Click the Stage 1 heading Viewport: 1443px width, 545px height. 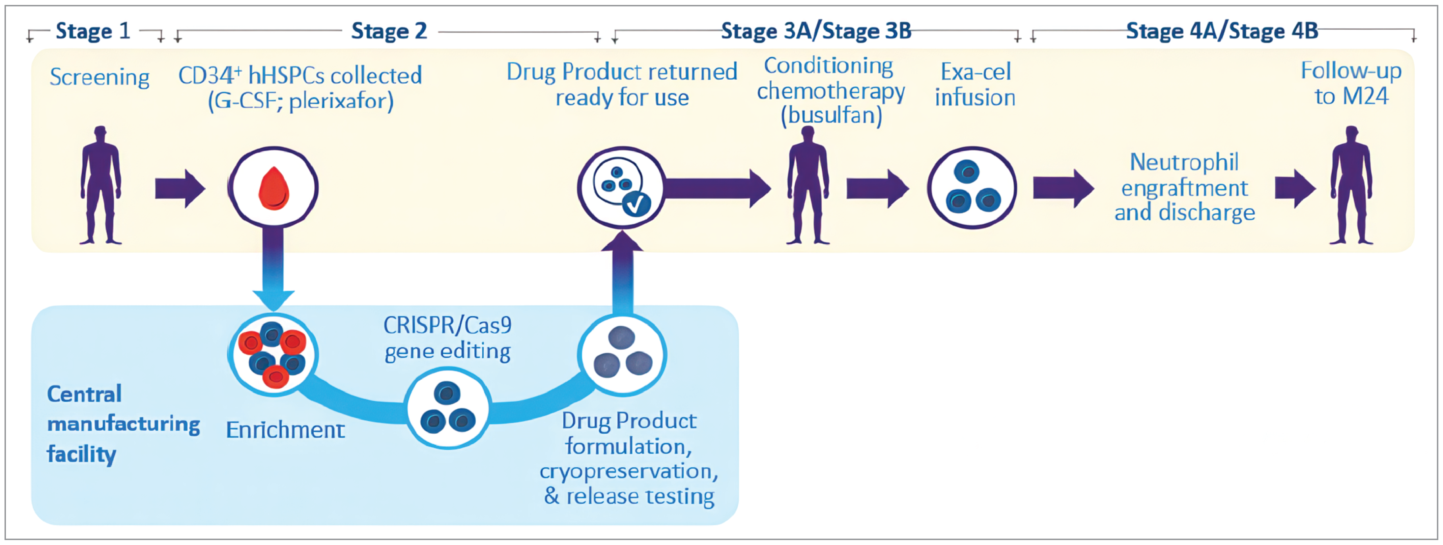pyautogui.click(x=93, y=31)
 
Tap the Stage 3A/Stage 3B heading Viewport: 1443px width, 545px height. pyautogui.click(x=816, y=31)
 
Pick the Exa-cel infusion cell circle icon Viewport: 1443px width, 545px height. pyautogui.click(x=972, y=188)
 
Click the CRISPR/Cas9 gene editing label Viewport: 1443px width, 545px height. pyautogui.click(x=447, y=338)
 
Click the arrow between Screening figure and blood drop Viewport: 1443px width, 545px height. pyautogui.click(x=179, y=189)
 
